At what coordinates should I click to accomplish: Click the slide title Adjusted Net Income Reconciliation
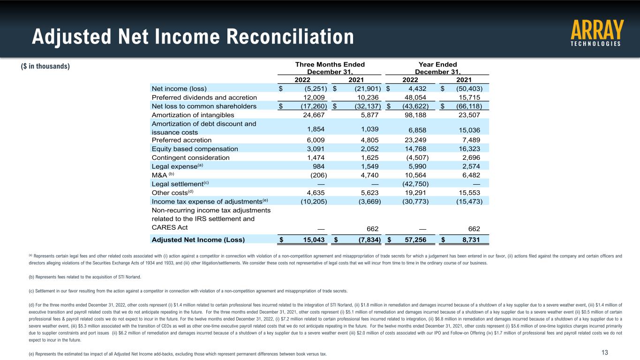(193, 37)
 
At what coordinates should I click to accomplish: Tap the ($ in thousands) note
(45, 66)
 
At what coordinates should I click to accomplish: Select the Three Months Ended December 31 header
(329, 68)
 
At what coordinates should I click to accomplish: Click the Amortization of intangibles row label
(193, 115)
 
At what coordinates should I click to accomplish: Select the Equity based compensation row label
(195, 149)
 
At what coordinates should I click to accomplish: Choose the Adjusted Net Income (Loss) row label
(198, 240)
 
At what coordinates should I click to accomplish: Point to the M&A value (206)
(319, 175)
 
